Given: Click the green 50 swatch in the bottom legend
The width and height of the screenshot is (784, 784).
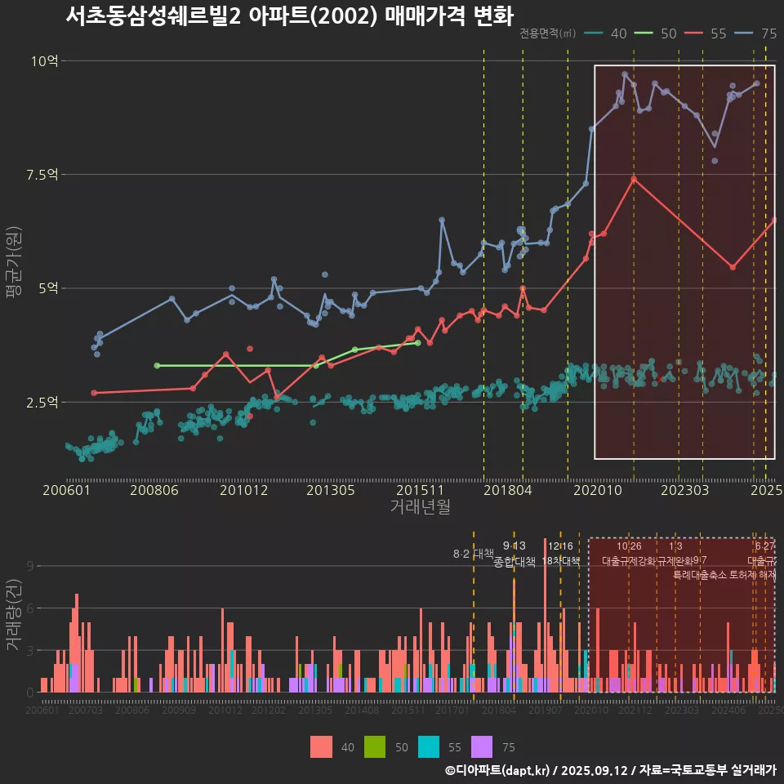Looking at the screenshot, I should coord(375,746).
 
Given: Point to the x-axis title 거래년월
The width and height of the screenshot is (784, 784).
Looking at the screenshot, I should coord(420,507).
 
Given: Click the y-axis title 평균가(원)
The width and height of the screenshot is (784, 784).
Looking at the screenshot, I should coord(14,265).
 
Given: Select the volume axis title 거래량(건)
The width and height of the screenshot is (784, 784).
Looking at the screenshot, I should coord(14,615).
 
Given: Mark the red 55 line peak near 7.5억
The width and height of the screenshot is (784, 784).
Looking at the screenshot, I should coord(634,178).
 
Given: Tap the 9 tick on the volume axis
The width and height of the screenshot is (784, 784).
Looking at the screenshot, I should coord(29,566).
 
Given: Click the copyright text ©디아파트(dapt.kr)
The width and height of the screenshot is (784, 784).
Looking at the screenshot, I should coord(498,770).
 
